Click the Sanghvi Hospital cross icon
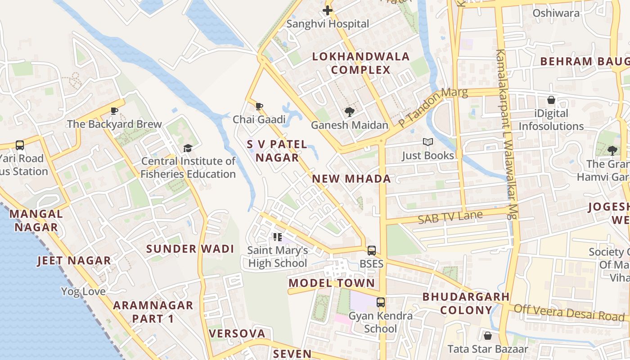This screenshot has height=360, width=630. pos(328,10)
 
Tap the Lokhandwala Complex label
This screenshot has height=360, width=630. pos(361,63)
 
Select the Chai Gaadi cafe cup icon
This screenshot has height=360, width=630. pos(259,107)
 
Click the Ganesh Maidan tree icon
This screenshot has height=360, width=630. pos(349,112)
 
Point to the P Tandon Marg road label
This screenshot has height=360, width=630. pos(433,108)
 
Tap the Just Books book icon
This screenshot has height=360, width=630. pos(427,142)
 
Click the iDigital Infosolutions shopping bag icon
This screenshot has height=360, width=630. pos(551,100)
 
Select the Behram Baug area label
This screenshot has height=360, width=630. pos(584,61)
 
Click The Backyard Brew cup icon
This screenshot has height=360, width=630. pos(114,111)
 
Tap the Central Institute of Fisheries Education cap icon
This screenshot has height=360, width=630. pos(188,148)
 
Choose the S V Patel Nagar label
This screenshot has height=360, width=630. pos(277,151)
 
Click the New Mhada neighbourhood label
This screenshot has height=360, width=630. pos(351,179)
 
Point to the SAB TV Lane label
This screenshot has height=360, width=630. pos(450,218)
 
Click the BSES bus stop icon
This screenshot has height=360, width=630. pos(371,250)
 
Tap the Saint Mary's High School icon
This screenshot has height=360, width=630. pos(278,237)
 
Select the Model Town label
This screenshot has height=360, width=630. pos(332,283)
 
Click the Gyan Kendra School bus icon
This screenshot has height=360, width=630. pos(381,302)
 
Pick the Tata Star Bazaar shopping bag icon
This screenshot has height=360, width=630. pos(487,336)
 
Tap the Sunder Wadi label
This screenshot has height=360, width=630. pos(190,249)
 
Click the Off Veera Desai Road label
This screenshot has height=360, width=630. pos(569,312)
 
